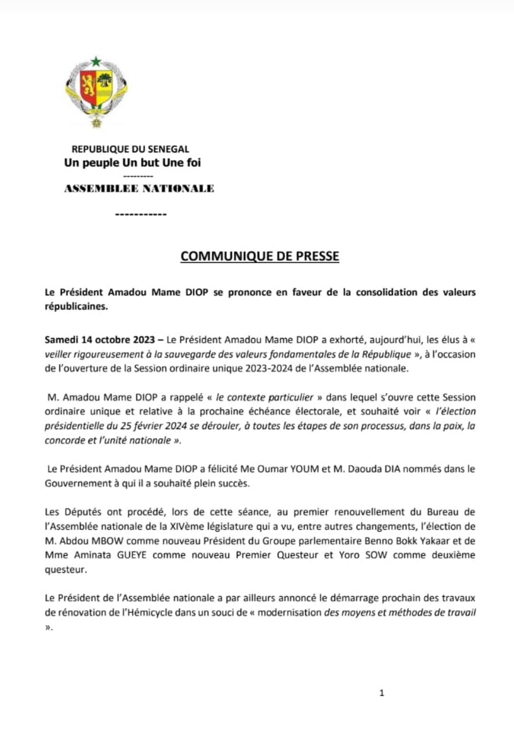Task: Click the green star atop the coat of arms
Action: click(x=96, y=61)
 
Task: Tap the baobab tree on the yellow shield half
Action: click(x=104, y=81)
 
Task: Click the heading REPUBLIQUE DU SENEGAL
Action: click(x=130, y=149)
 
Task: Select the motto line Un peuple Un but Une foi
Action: click(x=132, y=163)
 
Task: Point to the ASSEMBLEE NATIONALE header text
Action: click(x=139, y=189)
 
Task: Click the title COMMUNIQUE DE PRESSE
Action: click(x=260, y=256)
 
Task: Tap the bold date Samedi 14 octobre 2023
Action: click(x=99, y=340)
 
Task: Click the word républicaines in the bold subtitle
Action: click(x=76, y=307)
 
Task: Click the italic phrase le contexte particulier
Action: click(x=265, y=397)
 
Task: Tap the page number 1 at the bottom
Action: click(x=382, y=693)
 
